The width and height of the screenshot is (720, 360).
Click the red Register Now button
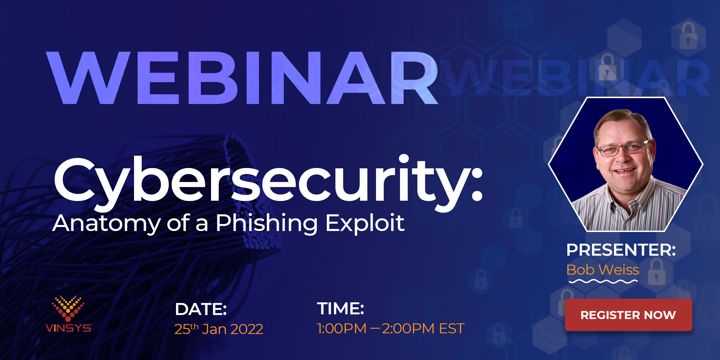(x=628, y=315)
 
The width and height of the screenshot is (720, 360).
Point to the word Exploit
(x=365, y=223)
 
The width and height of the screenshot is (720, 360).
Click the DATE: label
(x=201, y=309)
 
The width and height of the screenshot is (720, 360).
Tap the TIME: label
(x=340, y=308)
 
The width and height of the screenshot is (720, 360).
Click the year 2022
(x=247, y=329)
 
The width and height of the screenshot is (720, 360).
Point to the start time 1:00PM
(x=342, y=329)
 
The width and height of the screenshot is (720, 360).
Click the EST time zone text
(x=452, y=329)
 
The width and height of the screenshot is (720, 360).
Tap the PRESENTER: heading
(x=621, y=250)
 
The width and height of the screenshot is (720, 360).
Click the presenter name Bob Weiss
(x=603, y=270)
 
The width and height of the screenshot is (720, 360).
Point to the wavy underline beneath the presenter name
(x=603, y=282)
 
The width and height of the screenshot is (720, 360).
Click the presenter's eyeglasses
(x=623, y=148)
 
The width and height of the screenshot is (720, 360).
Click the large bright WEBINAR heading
(x=242, y=78)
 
